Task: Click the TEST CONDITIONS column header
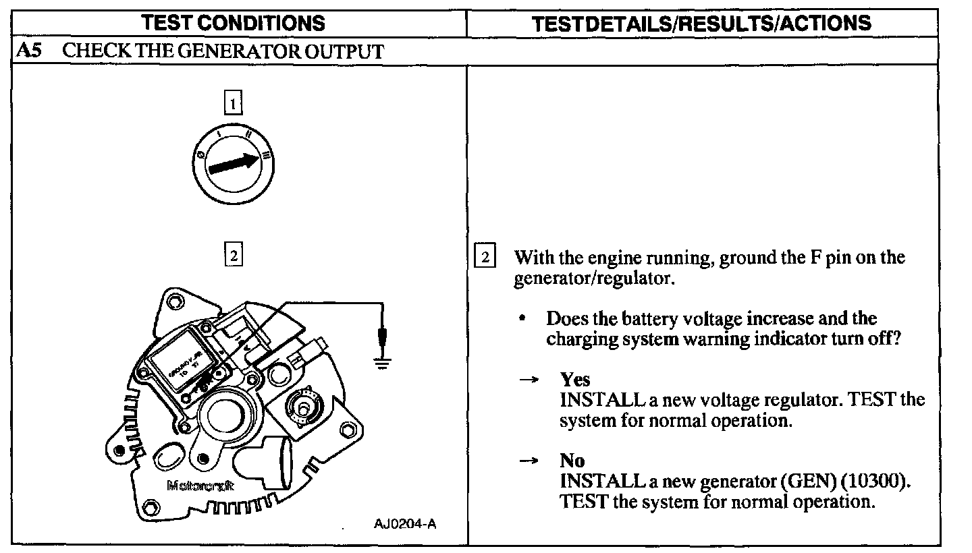234,24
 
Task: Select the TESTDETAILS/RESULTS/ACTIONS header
701,24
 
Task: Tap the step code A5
27,51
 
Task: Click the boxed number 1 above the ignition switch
233,104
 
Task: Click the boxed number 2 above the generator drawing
233,256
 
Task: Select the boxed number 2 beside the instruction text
485,258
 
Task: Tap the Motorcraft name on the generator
200,486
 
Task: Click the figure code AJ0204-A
404,524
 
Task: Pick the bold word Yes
574,380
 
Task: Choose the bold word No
572,461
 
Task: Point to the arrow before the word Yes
529,380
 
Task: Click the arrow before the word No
529,461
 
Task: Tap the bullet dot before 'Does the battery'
522,318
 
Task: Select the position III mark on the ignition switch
266,156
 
